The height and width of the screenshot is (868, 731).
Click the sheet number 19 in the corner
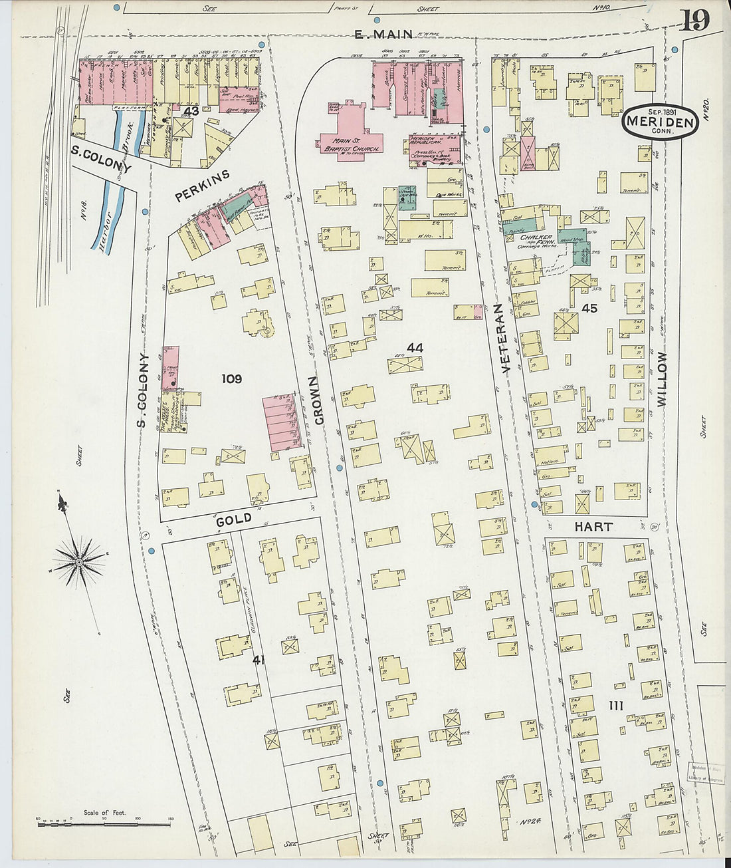pyautogui.click(x=694, y=19)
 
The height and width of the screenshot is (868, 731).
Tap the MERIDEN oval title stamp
pyautogui.click(x=660, y=122)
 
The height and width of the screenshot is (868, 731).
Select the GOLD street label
pyautogui.click(x=234, y=519)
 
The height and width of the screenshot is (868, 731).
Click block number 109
pyautogui.click(x=231, y=379)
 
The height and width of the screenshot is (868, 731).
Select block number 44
pyautogui.click(x=415, y=347)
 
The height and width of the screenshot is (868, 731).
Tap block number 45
pyautogui.click(x=589, y=308)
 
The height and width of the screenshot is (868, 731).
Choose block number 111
pyautogui.click(x=615, y=705)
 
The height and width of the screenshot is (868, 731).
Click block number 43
pyautogui.click(x=192, y=110)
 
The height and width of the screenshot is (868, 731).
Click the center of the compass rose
pyautogui.click(x=79, y=562)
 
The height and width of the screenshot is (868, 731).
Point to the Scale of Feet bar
pyautogui.click(x=86, y=824)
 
